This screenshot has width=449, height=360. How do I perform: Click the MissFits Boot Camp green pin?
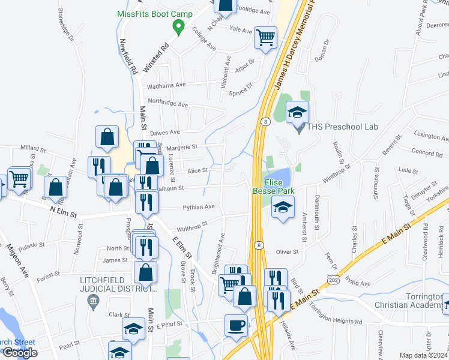178,26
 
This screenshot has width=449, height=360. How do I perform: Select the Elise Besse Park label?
277,188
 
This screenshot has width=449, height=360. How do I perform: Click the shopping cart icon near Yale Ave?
265,37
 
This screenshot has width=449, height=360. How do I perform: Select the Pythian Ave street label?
199,207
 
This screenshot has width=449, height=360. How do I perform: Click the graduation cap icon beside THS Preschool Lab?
297,111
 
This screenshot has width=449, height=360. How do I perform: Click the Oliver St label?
287,252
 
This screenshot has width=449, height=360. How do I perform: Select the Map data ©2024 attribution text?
424,355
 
